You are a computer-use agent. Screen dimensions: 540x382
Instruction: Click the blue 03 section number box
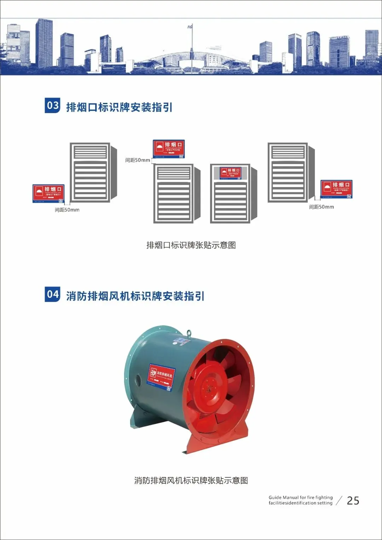[x=52, y=105]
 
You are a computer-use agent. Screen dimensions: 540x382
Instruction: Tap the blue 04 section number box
[x=52, y=294]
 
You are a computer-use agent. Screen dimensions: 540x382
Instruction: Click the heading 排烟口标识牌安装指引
[x=119, y=107]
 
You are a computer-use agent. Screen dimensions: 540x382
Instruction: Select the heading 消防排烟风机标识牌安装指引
[x=135, y=296]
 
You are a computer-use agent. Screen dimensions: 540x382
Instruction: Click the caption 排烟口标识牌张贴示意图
[x=191, y=245]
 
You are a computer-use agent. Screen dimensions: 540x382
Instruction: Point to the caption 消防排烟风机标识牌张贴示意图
[x=191, y=480]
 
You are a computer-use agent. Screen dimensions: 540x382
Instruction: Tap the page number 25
[x=353, y=500]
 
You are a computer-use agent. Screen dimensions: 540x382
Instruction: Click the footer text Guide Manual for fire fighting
[x=301, y=497]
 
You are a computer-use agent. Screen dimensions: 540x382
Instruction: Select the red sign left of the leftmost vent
[x=48, y=193]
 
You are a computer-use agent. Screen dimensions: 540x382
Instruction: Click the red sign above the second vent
[x=169, y=149]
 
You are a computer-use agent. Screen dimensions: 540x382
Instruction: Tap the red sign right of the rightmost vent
[x=336, y=189]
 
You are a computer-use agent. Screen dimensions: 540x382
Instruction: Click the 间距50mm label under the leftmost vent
[x=67, y=210]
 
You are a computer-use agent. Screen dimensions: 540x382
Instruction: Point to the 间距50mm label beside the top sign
[x=138, y=160]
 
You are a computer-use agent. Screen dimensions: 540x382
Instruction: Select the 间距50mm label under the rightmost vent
[x=322, y=207]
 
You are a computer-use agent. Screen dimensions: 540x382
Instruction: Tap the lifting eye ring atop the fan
[x=190, y=333]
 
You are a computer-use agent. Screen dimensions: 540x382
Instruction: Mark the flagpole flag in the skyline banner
[x=190, y=27]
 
